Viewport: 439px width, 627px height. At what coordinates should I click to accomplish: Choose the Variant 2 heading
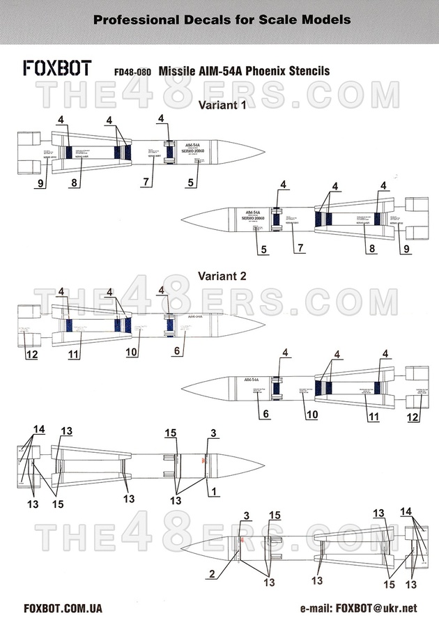(x=222, y=275)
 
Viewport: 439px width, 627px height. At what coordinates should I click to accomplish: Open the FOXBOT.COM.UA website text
(x=63, y=608)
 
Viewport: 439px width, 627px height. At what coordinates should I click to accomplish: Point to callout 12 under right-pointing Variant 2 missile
(x=31, y=355)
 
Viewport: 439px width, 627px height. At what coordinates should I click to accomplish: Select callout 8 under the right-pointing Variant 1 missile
(x=74, y=184)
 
